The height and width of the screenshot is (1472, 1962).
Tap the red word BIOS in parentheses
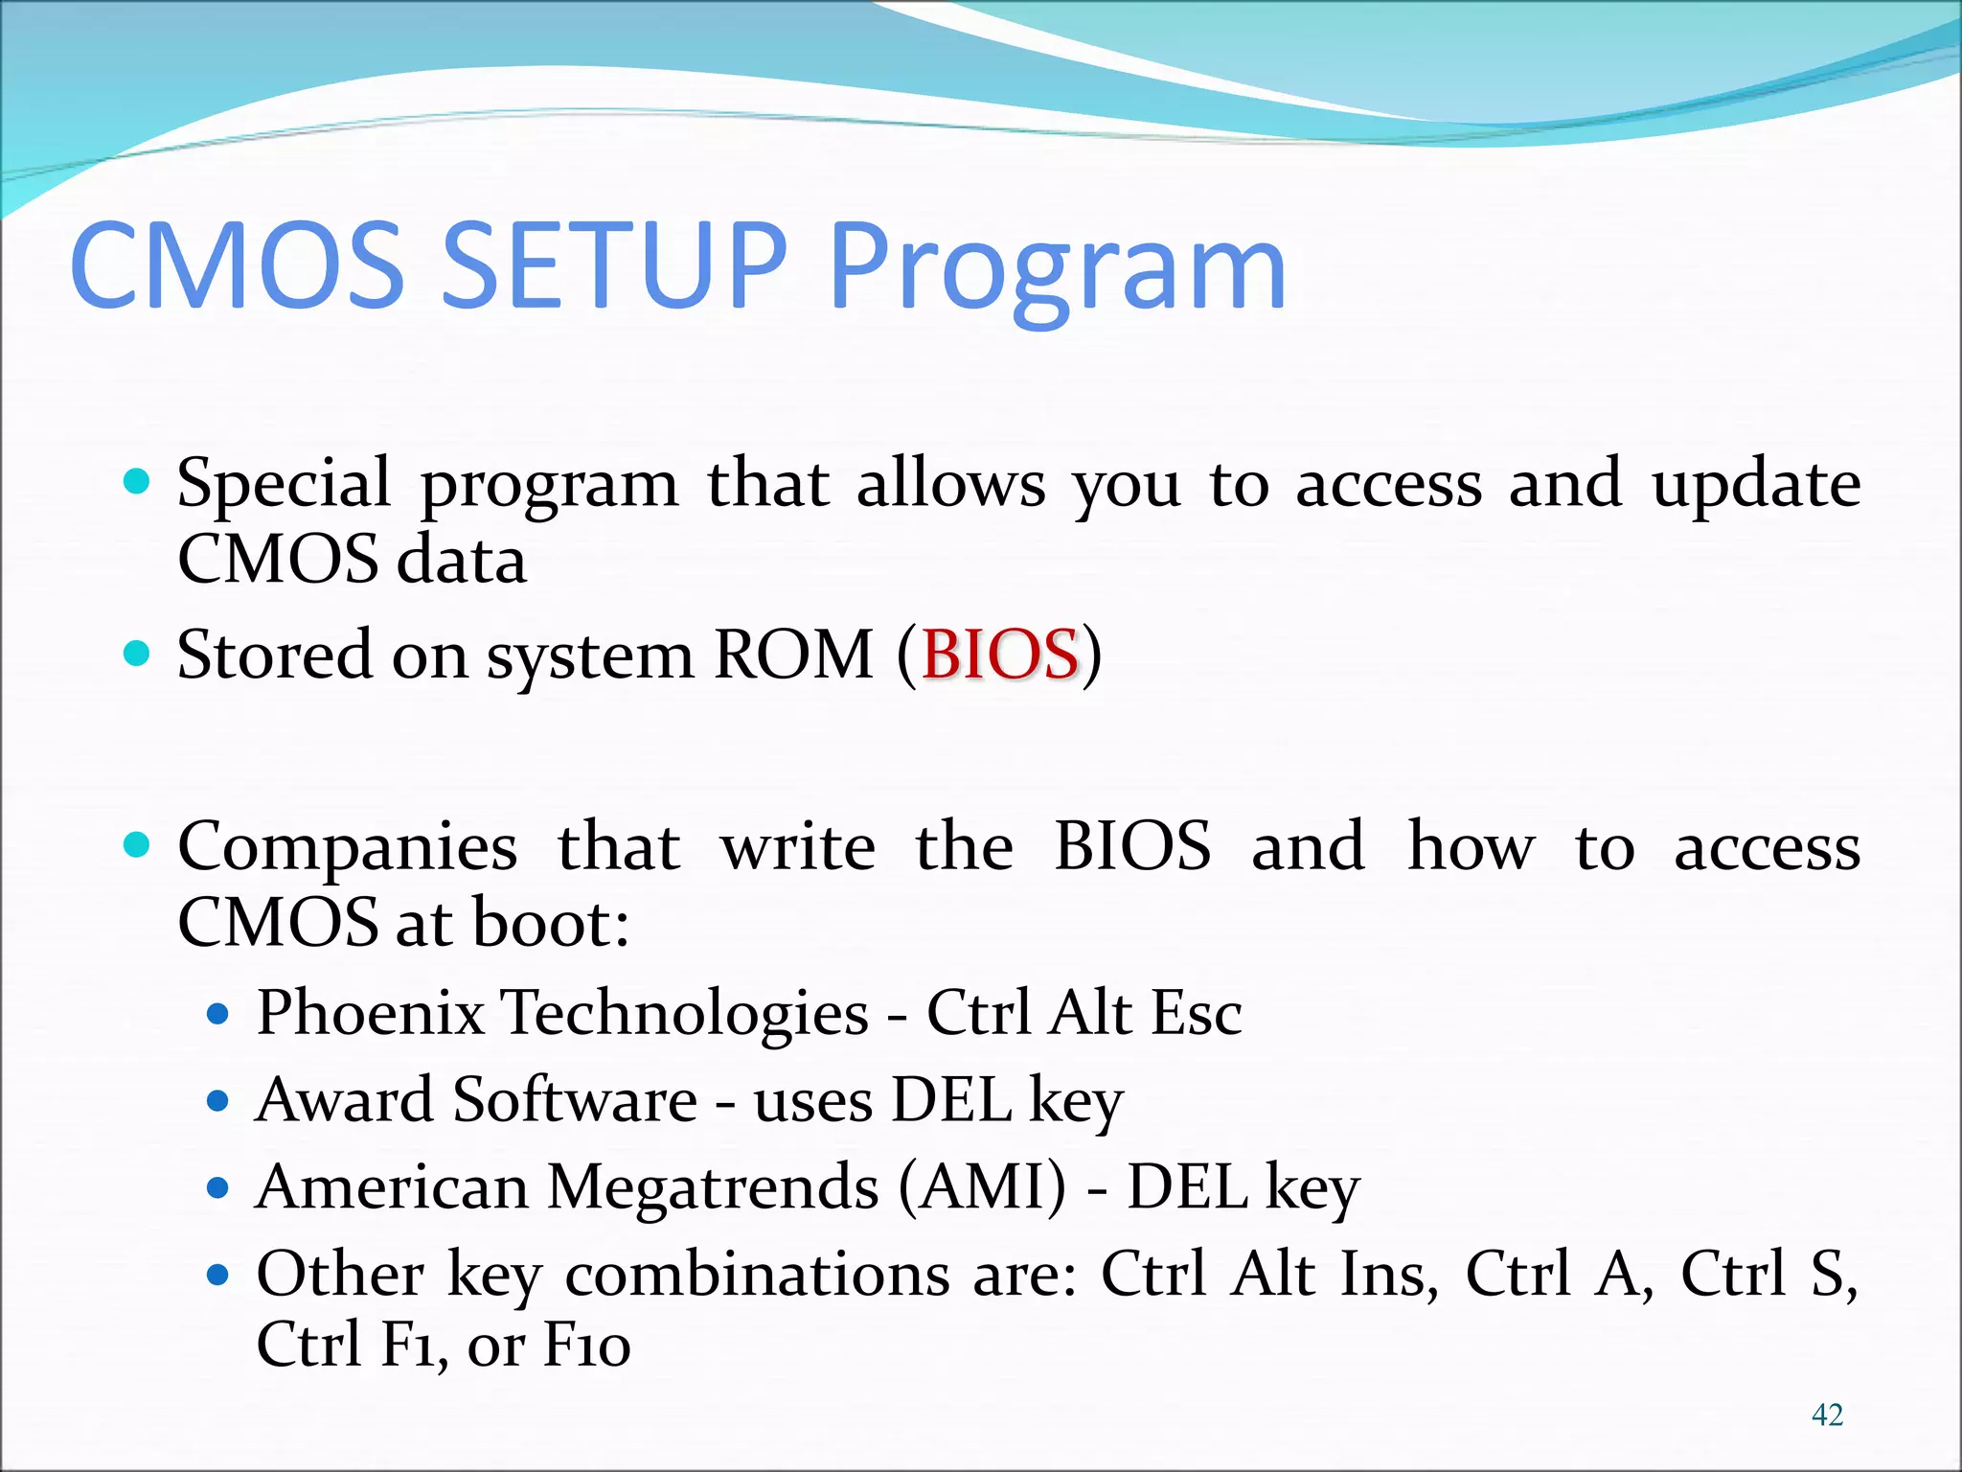point(1000,655)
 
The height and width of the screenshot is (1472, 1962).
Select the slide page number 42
point(1827,1414)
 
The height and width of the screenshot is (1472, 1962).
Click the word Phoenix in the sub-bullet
point(371,1013)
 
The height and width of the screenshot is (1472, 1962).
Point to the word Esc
point(1196,1013)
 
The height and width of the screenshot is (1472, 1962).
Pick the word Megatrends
point(713,1188)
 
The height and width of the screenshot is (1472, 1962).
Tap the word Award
point(345,1099)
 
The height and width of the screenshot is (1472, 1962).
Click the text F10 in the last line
point(587,1345)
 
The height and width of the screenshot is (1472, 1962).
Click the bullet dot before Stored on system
point(138,655)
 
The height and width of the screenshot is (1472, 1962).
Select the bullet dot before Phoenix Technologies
point(218,1014)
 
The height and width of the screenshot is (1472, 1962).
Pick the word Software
point(575,1099)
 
